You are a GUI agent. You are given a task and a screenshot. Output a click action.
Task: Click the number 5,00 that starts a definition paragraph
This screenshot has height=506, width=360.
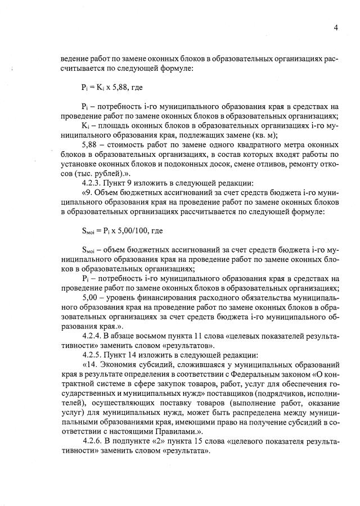click(x=91, y=297)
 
